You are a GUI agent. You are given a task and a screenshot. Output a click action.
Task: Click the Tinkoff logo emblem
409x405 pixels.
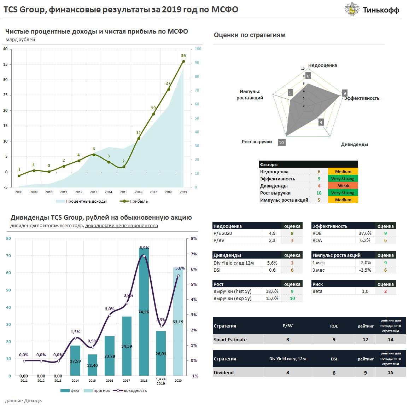(352, 10)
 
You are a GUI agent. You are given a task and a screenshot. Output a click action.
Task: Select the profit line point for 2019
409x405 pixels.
(183, 62)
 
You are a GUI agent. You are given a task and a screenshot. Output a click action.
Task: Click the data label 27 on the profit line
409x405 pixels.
(168, 83)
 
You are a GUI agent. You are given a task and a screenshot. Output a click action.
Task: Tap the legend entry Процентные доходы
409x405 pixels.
(81, 201)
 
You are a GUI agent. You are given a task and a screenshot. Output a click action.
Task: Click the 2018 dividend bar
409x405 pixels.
(144, 311)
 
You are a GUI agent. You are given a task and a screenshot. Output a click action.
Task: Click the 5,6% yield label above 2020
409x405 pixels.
(180, 268)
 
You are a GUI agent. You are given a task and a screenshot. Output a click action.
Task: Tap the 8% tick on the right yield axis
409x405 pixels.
(194, 239)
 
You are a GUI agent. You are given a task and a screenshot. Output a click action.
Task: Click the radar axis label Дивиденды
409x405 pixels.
(354, 144)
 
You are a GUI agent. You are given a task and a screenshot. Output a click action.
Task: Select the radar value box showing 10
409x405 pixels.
(281, 143)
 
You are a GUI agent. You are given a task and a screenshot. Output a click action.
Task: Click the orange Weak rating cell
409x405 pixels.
(343, 186)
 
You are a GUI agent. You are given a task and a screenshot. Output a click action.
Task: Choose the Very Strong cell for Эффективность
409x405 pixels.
(343, 179)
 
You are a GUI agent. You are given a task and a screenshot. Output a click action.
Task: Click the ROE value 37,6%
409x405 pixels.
(365, 233)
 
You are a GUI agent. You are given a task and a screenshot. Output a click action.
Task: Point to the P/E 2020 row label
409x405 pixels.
(223, 233)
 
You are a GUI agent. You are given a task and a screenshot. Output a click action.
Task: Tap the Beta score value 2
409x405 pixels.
(385, 291)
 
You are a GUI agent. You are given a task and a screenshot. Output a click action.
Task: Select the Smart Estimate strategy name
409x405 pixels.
(230, 340)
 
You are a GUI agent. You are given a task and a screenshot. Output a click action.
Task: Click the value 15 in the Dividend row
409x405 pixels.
(390, 372)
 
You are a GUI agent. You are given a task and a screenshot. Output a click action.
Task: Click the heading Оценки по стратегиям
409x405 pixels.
(250, 35)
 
